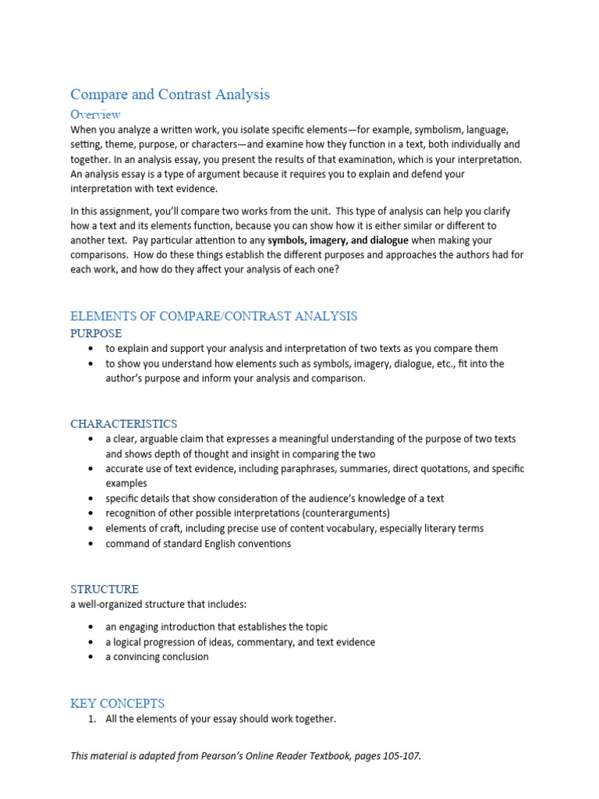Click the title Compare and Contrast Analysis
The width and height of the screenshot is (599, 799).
coord(170,94)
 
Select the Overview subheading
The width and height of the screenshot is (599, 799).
coord(95,115)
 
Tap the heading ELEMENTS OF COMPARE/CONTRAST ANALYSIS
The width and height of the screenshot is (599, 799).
coord(214,316)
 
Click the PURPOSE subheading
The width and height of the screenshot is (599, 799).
coord(96,333)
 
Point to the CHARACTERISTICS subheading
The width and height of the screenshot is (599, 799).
coord(123,424)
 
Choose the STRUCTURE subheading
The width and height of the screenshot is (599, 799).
coord(105,589)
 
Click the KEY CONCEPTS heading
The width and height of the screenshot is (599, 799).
coord(117,703)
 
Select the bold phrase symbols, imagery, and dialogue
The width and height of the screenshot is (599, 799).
coord(338,240)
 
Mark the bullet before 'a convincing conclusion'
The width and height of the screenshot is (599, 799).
coord(92,657)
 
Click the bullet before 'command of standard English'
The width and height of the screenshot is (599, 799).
coord(92,544)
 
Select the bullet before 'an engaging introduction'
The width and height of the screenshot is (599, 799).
coord(92,627)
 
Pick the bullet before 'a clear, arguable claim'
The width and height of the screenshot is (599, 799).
coord(92,439)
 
